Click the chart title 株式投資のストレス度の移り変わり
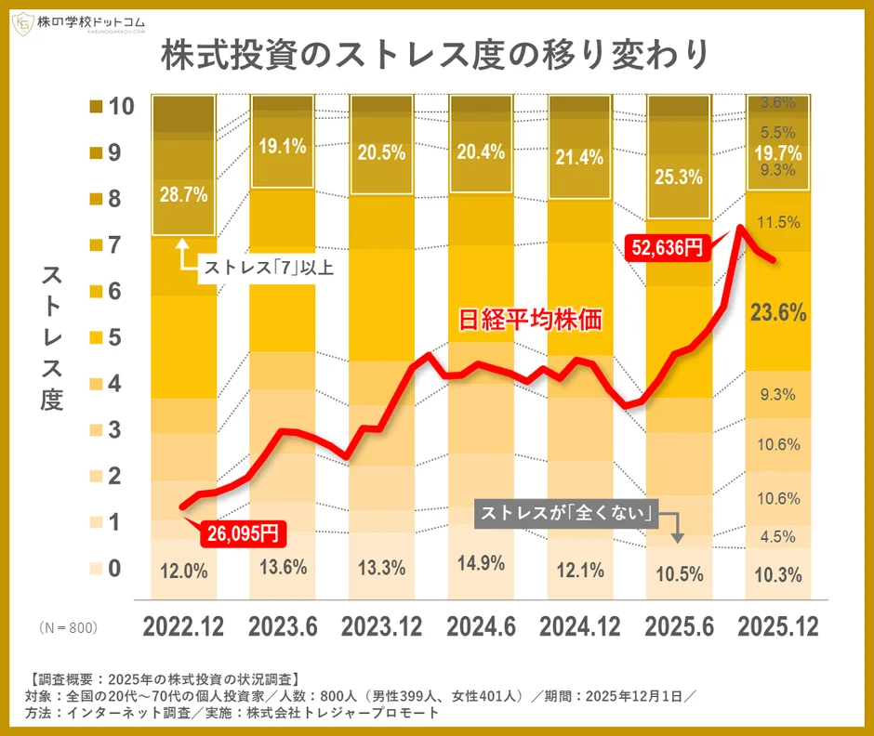(x=436, y=55)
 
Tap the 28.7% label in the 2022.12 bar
(x=183, y=195)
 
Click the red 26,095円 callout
(x=240, y=532)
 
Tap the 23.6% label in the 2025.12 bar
(x=778, y=313)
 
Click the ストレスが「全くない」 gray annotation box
(x=565, y=512)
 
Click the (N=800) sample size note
(x=68, y=628)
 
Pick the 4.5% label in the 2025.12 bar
(x=778, y=536)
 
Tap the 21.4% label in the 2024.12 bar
(x=580, y=156)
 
